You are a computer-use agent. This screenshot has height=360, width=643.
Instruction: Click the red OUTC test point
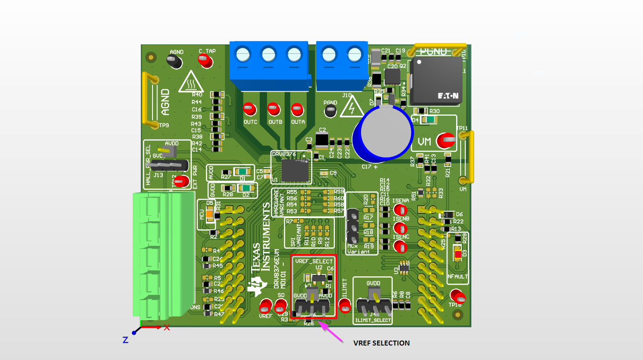pos(248,109)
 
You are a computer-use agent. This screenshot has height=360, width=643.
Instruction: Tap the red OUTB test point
pos(272,109)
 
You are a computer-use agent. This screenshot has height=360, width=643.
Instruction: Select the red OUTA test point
pos(297,109)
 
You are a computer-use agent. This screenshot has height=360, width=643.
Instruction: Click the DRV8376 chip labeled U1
pos(294,170)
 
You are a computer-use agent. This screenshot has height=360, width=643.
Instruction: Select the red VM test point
pos(445,141)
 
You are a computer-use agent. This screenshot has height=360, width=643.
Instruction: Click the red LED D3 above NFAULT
pos(458,255)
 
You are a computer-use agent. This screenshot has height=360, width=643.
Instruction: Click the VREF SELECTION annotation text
pos(381,343)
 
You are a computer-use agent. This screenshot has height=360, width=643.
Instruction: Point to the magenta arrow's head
pos(321,322)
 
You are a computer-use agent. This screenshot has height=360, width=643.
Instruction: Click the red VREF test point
pos(265,307)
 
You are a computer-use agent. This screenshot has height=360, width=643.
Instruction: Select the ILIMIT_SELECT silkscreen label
pos(373,320)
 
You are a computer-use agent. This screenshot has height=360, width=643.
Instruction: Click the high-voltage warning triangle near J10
pos(351,108)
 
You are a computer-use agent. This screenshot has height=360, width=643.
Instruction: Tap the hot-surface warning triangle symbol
pos(191,82)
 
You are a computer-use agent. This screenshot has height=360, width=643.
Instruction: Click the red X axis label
pos(167,327)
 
